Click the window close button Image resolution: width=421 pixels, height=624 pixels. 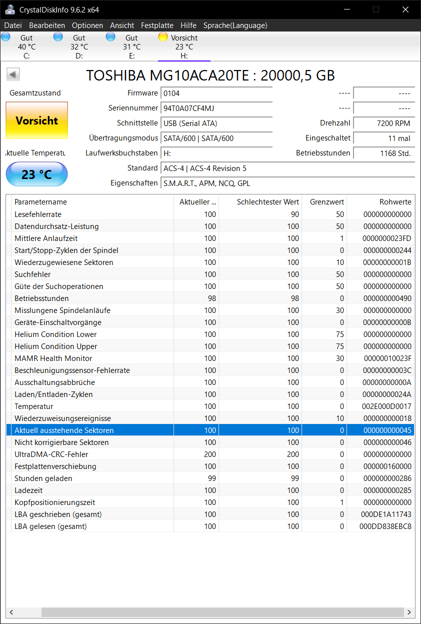(405, 9)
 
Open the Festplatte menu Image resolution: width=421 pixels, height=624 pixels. (157, 25)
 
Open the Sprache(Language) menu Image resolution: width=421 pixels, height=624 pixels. (235, 25)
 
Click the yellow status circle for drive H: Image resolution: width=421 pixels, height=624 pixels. (163, 36)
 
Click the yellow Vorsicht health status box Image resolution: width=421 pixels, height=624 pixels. (36, 120)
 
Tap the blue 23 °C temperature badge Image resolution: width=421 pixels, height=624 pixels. (36, 174)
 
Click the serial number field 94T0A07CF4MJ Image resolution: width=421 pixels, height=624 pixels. (216, 108)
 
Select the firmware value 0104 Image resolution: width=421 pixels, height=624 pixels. (216, 93)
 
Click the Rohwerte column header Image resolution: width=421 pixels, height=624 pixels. (395, 202)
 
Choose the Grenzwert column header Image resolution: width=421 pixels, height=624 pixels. (326, 202)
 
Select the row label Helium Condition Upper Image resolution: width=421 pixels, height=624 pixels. (56, 346)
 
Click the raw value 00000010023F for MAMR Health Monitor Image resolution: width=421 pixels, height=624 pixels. (387, 358)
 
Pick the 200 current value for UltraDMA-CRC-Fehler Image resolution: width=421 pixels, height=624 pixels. (210, 454)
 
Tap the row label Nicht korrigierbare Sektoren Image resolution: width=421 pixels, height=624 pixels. (61, 442)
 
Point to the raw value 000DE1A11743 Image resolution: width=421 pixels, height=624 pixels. (385, 514)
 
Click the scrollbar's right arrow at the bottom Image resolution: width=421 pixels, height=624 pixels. (409, 612)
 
